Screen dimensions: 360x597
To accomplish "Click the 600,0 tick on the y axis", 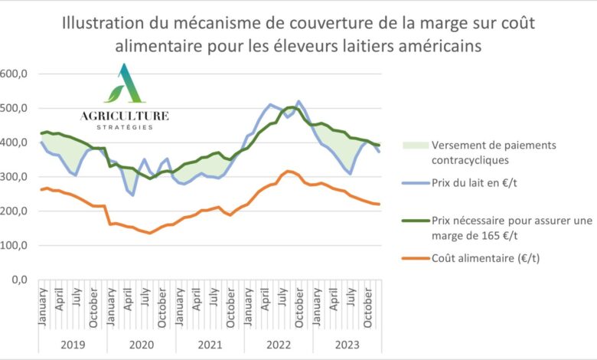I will pos(15,74).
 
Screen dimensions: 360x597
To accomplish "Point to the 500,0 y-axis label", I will pos(15,109).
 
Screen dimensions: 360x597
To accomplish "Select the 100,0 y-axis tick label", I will pos(15,245).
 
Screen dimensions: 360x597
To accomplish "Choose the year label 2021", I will pos(210,344).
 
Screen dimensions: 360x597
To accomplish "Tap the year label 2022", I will pos(278,344).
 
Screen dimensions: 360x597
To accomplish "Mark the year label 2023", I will pos(346,344).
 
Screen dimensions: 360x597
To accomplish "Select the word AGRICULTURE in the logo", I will pos(125,116).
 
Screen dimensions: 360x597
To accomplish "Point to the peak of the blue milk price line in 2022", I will pos(298,101).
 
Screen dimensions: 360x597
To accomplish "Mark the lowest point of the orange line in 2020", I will pos(149,233).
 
